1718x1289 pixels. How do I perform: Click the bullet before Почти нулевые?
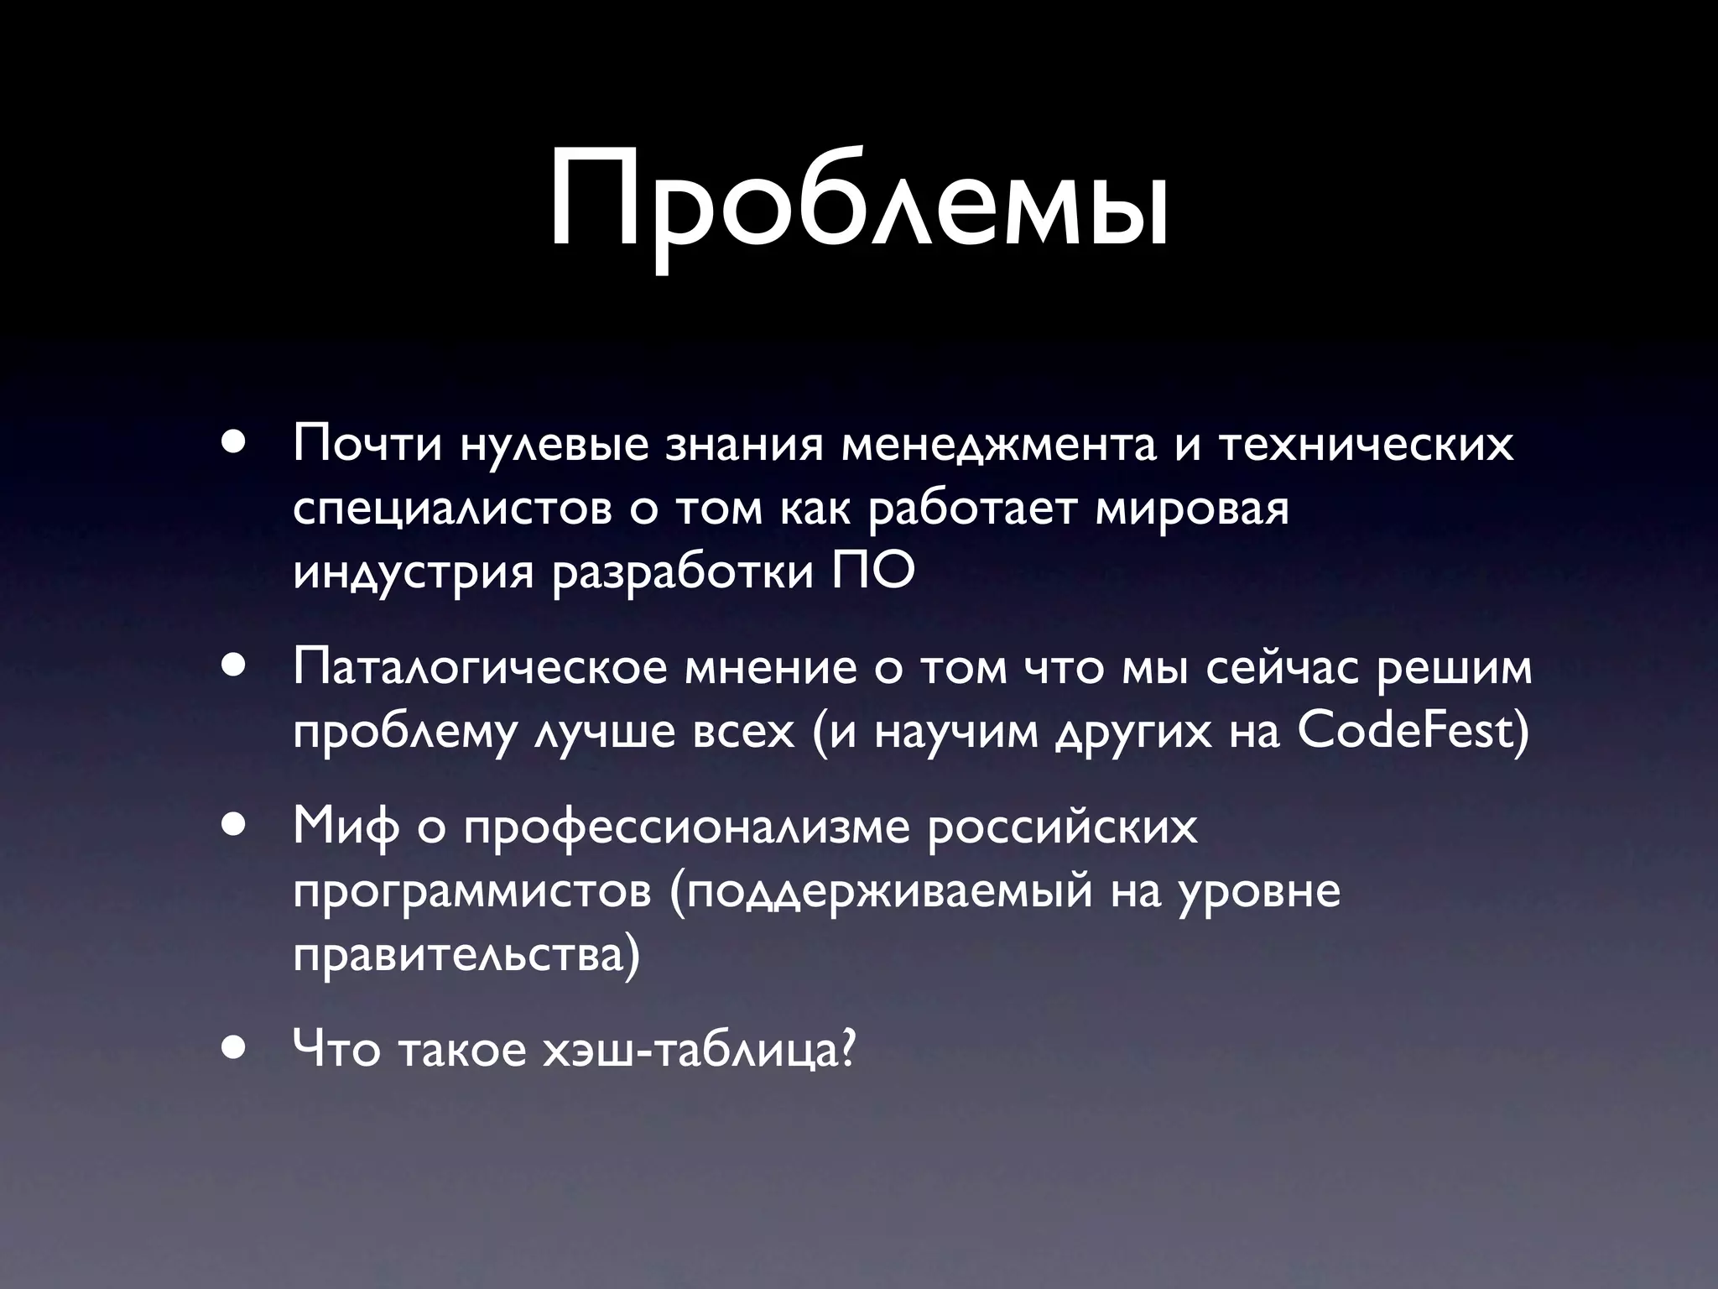[x=234, y=442]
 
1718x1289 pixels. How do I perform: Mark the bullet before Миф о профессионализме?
[x=234, y=825]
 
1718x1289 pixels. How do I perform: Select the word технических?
[x=1365, y=445]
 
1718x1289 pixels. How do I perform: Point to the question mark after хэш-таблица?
[x=847, y=1049]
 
